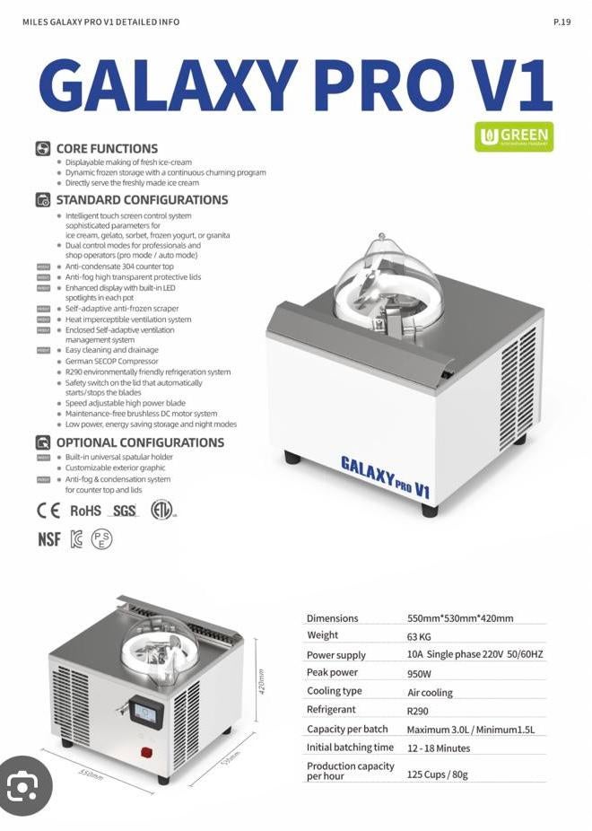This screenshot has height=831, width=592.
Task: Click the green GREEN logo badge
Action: pyautogui.click(x=514, y=136)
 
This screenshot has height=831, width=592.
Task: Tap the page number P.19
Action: pyautogui.click(x=562, y=22)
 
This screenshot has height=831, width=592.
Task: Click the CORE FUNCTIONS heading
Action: pyautogui.click(x=106, y=149)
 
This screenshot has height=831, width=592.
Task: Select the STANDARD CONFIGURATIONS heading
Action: pyautogui.click(x=142, y=200)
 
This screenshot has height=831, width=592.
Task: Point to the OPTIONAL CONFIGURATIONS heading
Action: pyautogui.click(x=140, y=442)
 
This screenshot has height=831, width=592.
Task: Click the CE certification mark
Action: pyautogui.click(x=48, y=511)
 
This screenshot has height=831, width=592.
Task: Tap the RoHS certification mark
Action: pyautogui.click(x=85, y=511)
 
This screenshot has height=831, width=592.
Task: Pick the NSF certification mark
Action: pyautogui.click(x=48, y=539)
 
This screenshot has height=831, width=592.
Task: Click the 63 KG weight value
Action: pyautogui.click(x=419, y=636)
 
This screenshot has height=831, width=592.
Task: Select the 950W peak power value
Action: pyautogui.click(x=419, y=673)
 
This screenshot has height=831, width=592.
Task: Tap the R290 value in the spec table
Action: pyautogui.click(x=417, y=711)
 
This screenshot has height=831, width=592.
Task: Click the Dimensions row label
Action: pyautogui.click(x=332, y=618)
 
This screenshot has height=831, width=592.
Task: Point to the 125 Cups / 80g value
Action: pyautogui.click(x=437, y=774)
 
